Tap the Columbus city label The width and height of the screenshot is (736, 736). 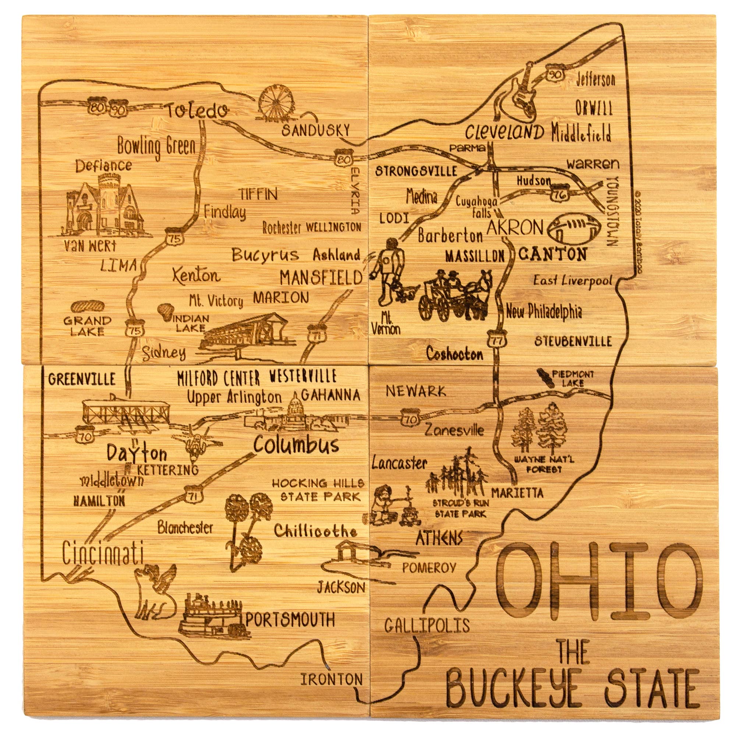296,444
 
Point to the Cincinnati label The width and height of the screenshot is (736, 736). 103,554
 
